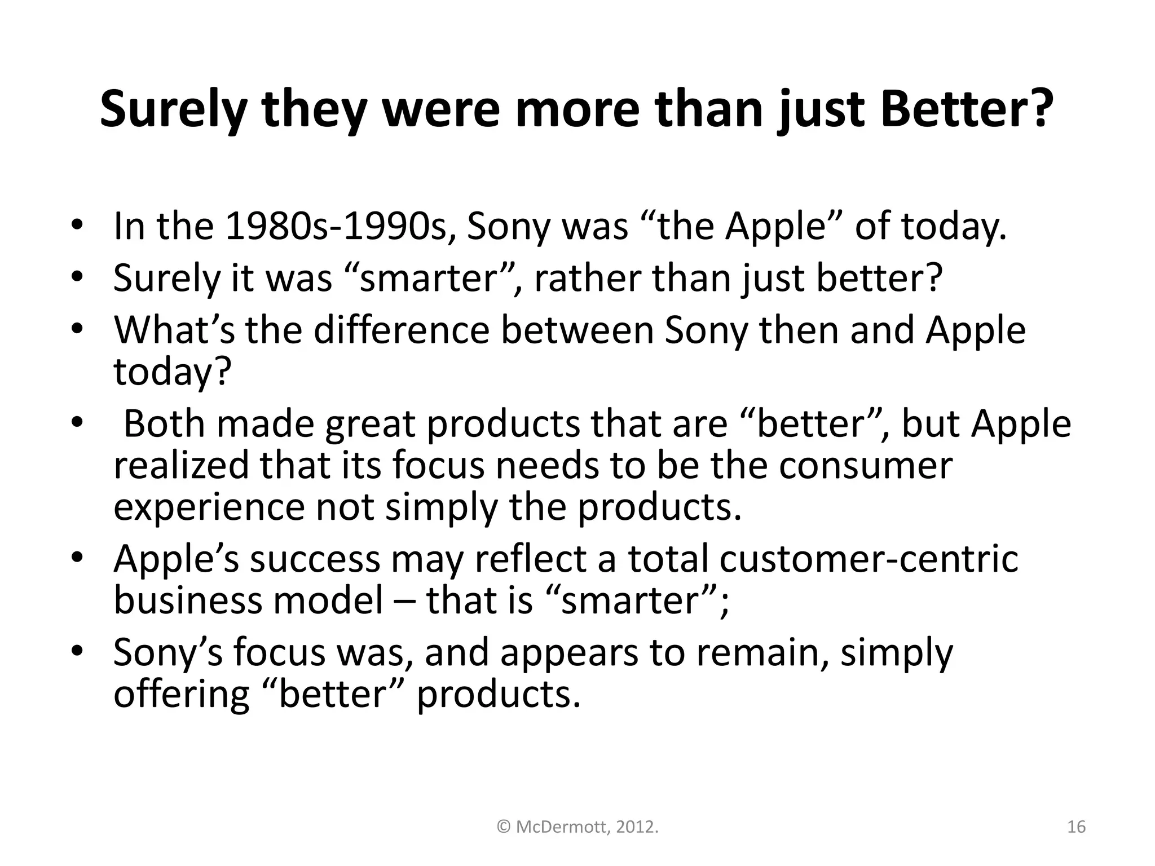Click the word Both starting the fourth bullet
[164, 423]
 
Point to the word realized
[181, 466]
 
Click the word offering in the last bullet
[181, 694]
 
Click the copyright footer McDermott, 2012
[578, 827]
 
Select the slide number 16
[1076, 827]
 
